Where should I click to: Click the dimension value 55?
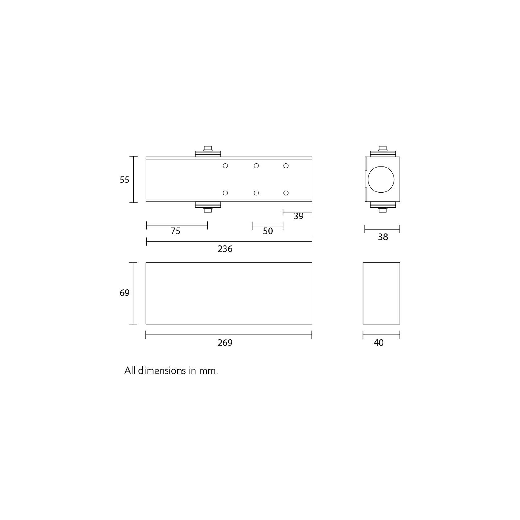[124, 180]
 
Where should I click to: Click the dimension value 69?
[124, 293]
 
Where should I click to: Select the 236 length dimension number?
[225, 249]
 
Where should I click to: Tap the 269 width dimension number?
[225, 343]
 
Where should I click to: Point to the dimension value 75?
[175, 231]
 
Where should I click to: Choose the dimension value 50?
[268, 231]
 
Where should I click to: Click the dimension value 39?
[298, 216]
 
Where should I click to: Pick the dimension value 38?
[383, 237]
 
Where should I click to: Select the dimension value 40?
[379, 343]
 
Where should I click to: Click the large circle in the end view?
[381, 179]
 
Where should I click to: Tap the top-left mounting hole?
[226, 166]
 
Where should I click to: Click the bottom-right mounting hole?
[286, 193]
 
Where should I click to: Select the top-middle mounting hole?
[256, 166]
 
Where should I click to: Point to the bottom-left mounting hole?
[226, 193]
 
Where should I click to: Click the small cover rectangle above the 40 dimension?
[381, 293]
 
